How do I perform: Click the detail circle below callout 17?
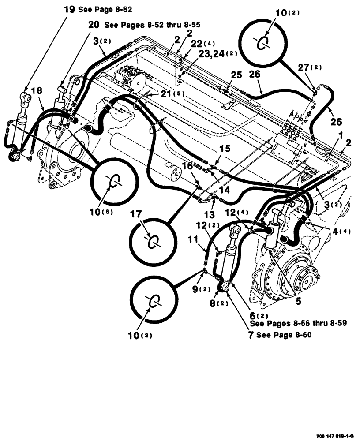point(152,241)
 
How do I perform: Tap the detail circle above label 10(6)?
point(115,182)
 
